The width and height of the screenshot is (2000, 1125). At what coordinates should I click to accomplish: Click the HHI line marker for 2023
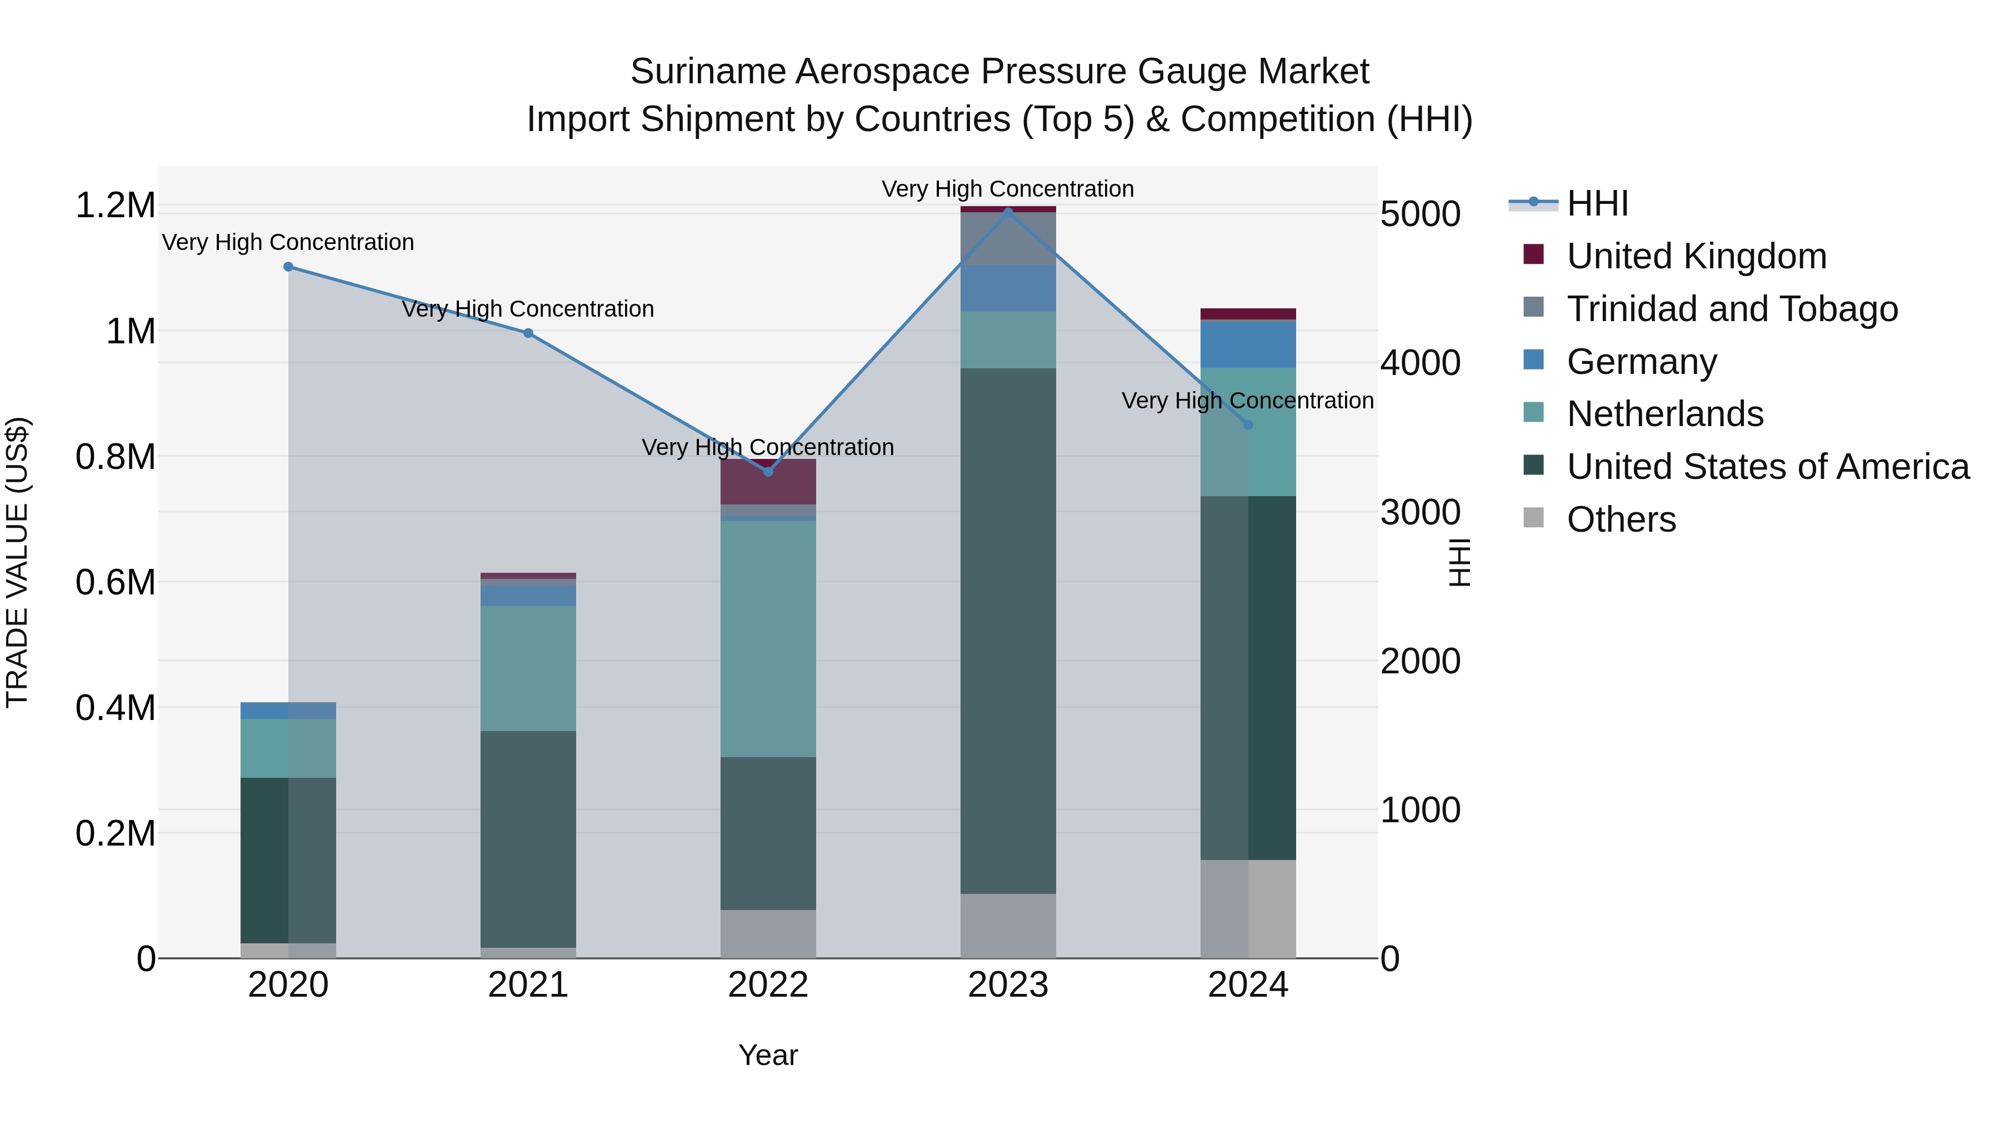tap(1008, 212)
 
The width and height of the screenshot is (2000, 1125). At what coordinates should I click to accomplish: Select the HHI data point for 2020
tap(288, 266)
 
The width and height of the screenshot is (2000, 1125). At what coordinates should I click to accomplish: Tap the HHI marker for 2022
tap(768, 471)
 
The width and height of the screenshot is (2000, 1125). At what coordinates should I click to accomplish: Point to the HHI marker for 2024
tap(1248, 424)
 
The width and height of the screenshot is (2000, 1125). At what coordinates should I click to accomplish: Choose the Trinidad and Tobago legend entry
tap(1731, 309)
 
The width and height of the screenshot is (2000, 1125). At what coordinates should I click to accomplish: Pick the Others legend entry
tap(1621, 519)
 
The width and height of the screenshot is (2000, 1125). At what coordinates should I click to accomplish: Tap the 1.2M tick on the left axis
tap(115, 206)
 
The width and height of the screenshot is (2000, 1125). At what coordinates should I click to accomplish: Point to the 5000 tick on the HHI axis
tap(1420, 214)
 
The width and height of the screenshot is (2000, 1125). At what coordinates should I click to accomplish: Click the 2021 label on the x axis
tap(528, 985)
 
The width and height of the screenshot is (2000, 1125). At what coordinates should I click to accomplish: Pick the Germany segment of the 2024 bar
tap(1248, 344)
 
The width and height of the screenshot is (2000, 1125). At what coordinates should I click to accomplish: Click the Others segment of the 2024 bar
tap(1248, 908)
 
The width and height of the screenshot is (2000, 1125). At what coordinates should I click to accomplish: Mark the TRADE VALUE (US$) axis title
tap(17, 562)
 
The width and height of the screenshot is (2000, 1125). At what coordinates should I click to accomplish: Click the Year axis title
tap(768, 1055)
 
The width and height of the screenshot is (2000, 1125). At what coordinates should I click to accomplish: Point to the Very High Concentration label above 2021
tap(528, 309)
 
